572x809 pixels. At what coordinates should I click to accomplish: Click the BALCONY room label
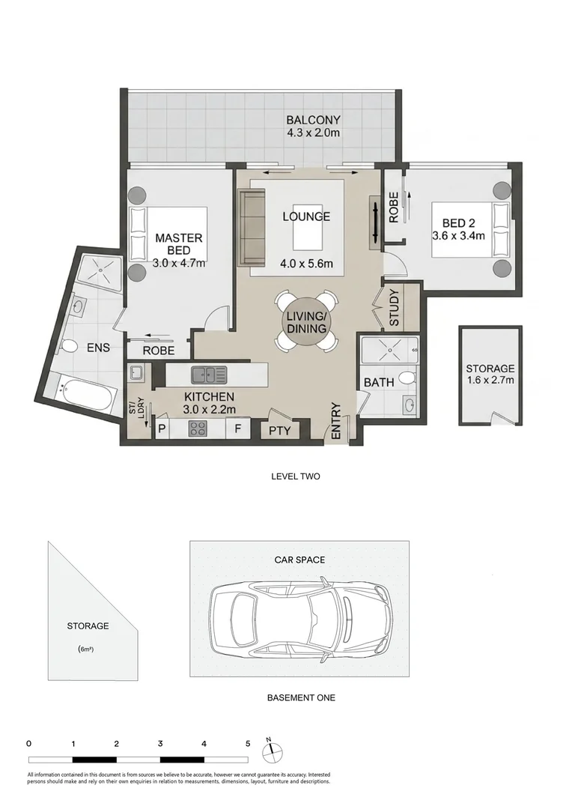coord(314,120)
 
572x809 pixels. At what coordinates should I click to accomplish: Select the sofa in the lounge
coord(251,227)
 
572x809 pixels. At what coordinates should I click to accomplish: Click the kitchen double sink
coord(208,375)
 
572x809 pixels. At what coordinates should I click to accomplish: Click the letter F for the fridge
coord(238,428)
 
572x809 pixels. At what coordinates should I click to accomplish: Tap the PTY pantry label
coord(280,430)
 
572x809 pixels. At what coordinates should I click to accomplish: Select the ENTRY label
coord(335,421)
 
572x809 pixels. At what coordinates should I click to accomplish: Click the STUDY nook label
coord(394,308)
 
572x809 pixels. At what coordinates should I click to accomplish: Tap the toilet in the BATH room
coord(407,379)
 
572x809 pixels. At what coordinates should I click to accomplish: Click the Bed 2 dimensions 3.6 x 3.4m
coord(458,236)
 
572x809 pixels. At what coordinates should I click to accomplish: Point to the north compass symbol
coord(273,750)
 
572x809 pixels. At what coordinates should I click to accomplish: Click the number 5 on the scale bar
coord(248,744)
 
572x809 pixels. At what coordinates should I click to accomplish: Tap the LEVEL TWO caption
coord(296,476)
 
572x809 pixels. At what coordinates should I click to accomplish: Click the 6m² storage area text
coord(86,649)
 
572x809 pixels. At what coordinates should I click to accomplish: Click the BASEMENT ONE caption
coord(301,697)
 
